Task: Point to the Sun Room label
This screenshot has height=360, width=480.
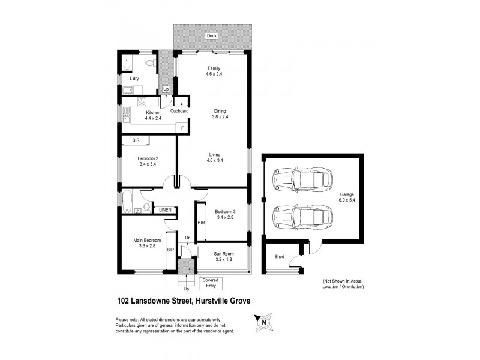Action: pyautogui.click(x=224, y=254)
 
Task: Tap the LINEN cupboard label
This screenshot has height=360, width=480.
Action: pyautogui.click(x=164, y=209)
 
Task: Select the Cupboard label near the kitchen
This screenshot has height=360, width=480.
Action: pyautogui.click(x=179, y=110)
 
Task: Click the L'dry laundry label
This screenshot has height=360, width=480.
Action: pyautogui.click(x=135, y=78)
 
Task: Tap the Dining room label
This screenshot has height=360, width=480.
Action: pyautogui.click(x=219, y=110)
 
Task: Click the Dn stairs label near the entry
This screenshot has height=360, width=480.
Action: pyautogui.click(x=188, y=238)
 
